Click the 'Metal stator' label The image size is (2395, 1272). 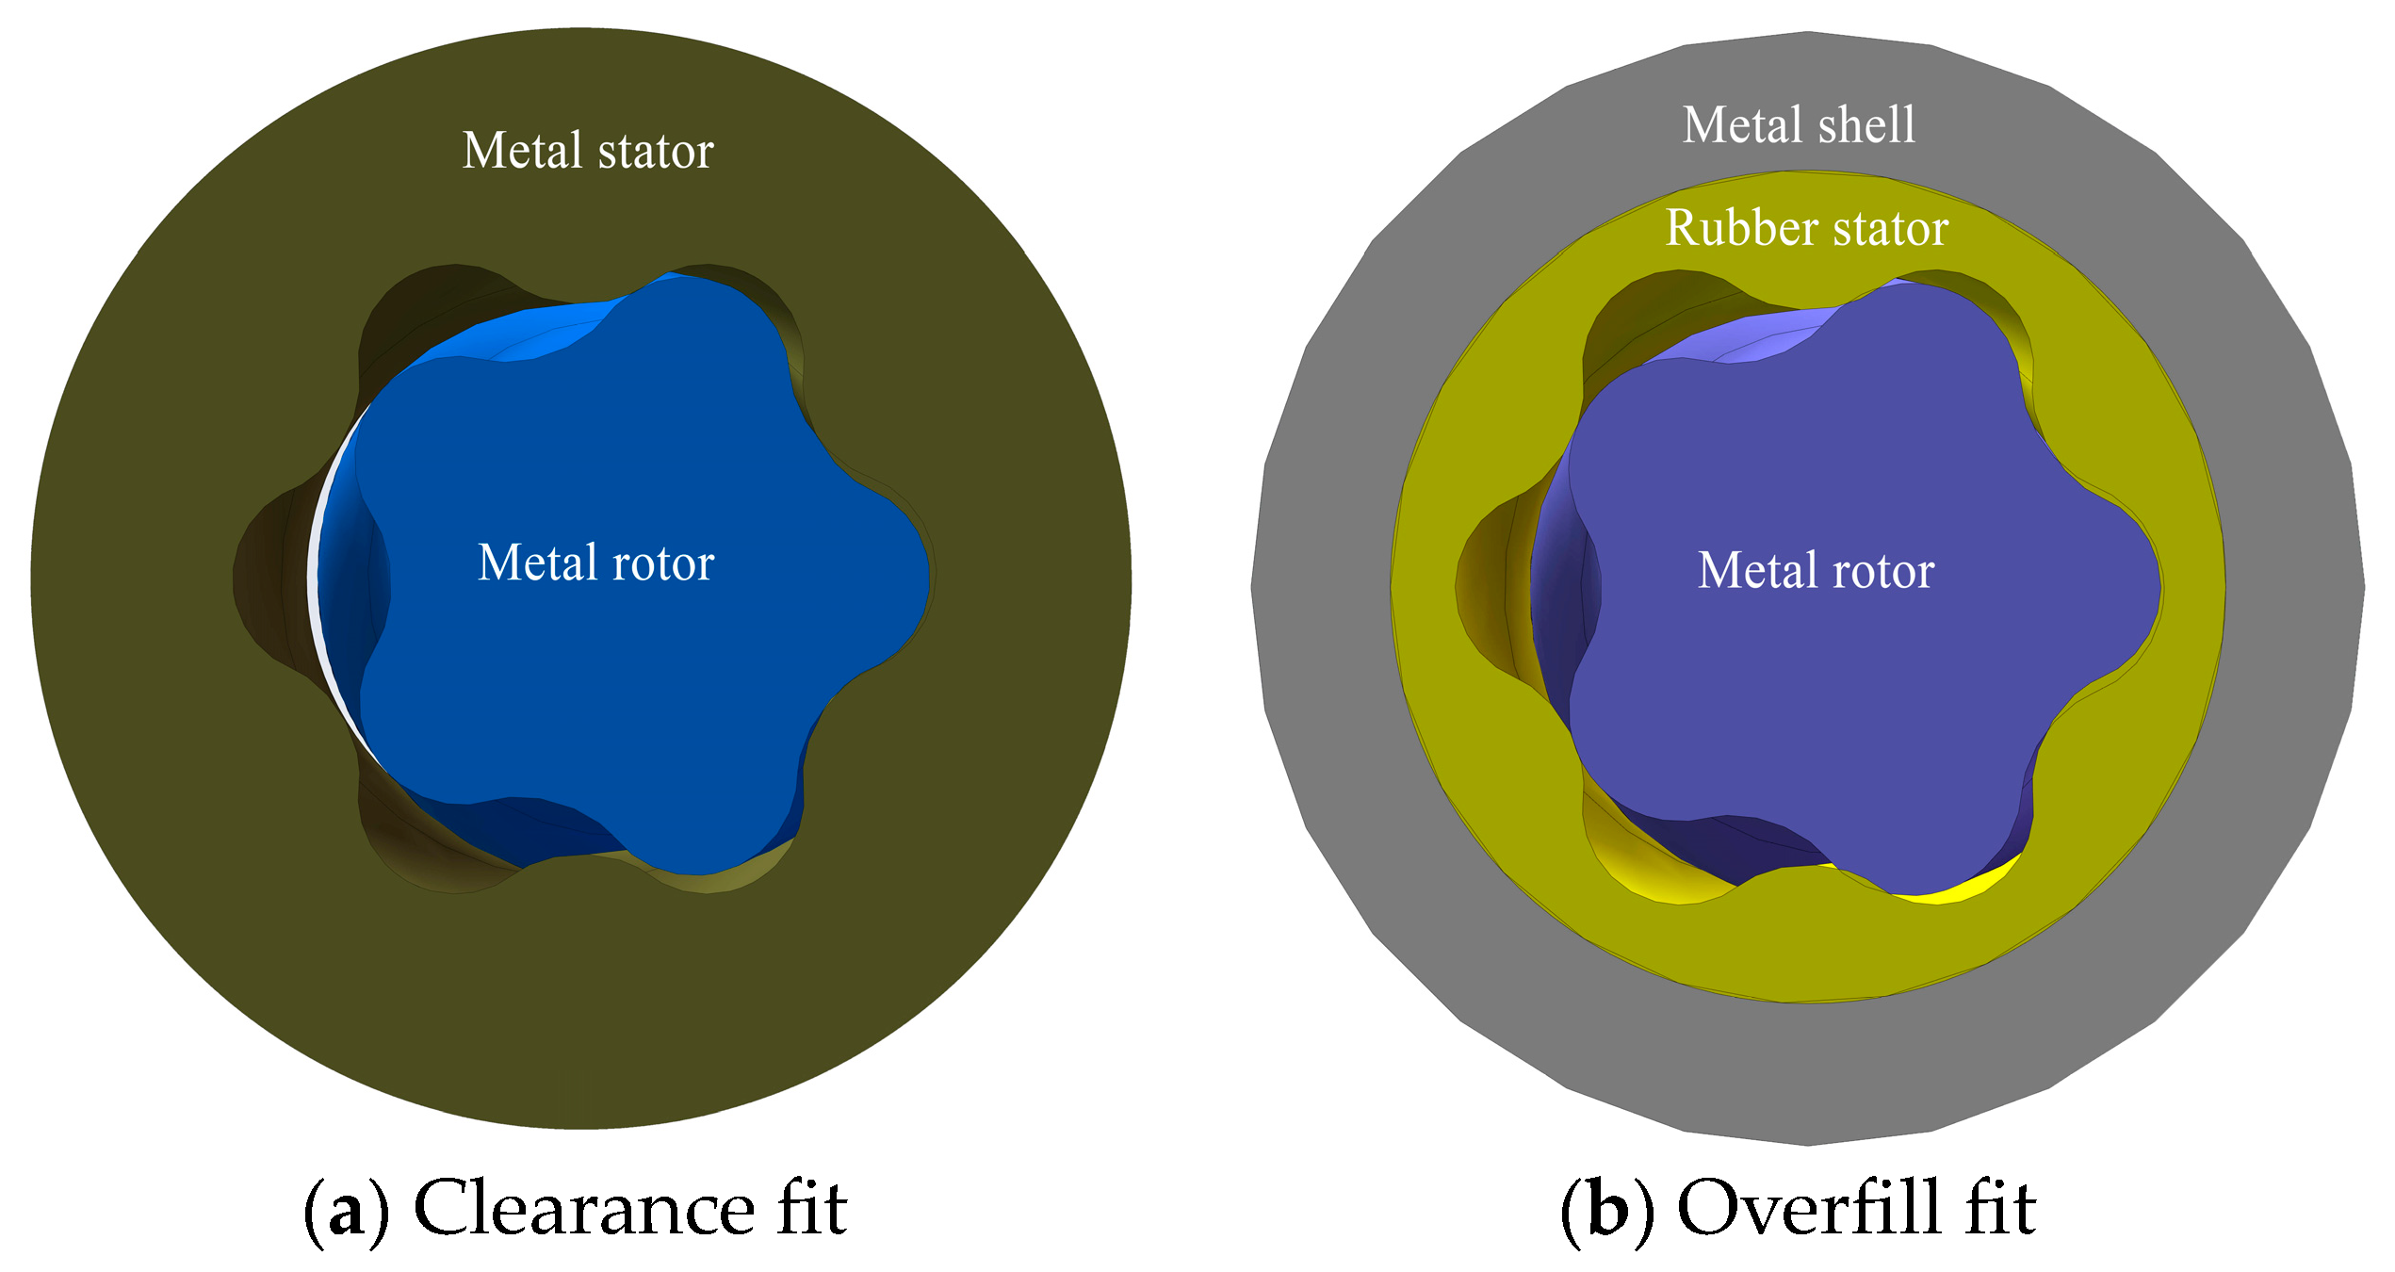[x=588, y=151]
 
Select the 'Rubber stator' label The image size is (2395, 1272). [x=1806, y=228]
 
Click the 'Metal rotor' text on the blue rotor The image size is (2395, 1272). [x=595, y=563]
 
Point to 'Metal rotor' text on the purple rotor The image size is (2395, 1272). [x=1816, y=570]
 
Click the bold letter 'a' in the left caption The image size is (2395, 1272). [x=346, y=1212]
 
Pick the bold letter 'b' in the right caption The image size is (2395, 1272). [x=1607, y=1210]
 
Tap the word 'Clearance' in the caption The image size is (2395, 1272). [x=584, y=1208]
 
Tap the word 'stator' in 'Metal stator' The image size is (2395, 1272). [x=656, y=151]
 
